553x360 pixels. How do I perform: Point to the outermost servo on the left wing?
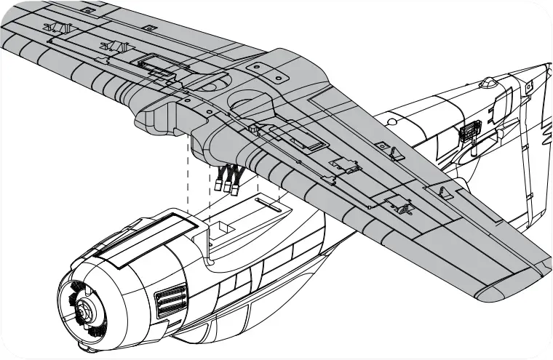(57, 28)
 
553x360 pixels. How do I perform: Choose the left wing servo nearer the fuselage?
(114, 47)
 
